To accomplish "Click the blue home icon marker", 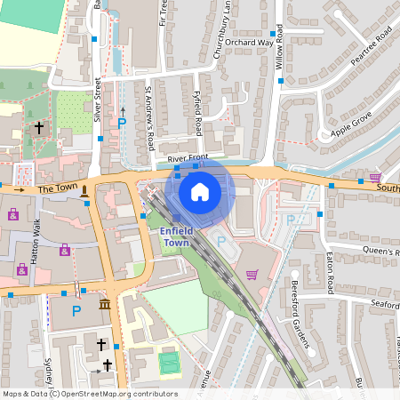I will pos(200,191).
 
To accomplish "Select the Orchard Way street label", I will pos(250,42).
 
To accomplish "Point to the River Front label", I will pos(187,158).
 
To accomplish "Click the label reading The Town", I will pos(58,189).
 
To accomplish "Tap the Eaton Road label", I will pos(328,272).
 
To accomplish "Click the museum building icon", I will pos(105,306).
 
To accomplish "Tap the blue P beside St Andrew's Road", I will pos(122,124).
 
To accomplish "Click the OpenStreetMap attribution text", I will pos(89,394).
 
